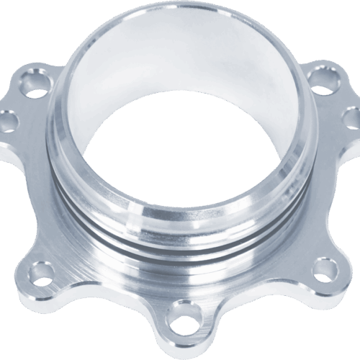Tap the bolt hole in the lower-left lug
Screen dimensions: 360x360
click(x=42, y=272)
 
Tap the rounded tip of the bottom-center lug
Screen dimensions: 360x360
click(x=186, y=341)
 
